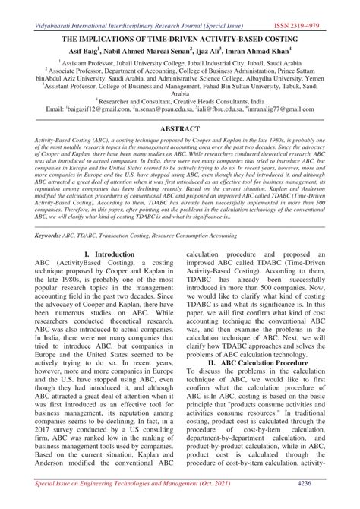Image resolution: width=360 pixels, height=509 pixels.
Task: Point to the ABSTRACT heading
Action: tap(180, 130)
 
